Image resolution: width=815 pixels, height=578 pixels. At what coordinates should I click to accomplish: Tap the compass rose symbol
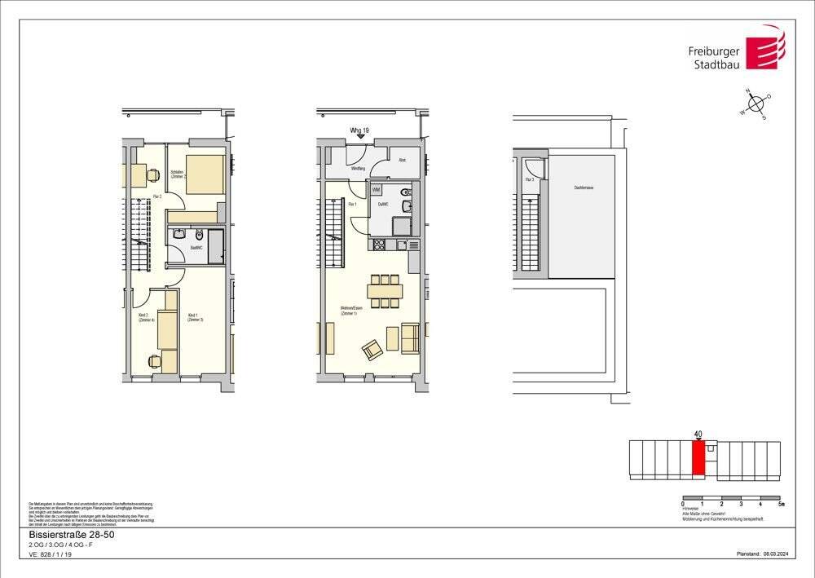pos(756,104)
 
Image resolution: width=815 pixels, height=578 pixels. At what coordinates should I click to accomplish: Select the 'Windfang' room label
pos(357,169)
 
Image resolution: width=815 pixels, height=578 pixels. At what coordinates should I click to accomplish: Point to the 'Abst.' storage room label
pos(402,161)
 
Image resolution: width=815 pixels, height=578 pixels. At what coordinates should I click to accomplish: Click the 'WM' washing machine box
pos(377,189)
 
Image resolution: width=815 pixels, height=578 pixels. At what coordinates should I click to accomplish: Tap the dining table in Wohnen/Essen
pos(385,290)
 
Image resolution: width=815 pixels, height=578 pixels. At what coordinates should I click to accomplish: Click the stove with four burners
pos(379,245)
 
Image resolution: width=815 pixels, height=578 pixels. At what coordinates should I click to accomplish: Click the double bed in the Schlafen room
pos(205,174)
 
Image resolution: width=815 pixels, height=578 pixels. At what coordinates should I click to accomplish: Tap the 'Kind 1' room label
pos(194,317)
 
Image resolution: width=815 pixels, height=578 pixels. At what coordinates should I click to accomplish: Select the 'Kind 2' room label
pos(141,317)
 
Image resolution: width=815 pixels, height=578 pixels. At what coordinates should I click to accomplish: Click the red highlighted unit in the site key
pos(698,459)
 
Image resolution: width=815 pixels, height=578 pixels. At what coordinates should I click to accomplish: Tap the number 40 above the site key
pos(698,435)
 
